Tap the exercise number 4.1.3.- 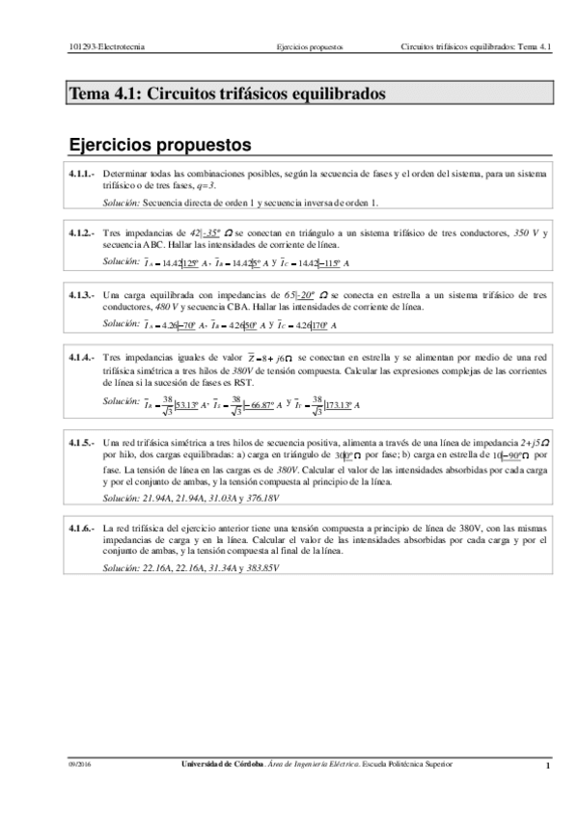[x=81, y=295]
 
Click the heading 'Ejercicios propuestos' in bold [x=159, y=145]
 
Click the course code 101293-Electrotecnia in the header [x=102, y=45]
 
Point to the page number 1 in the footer [x=547, y=767]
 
